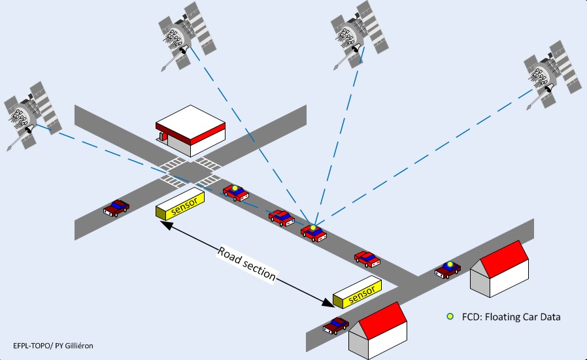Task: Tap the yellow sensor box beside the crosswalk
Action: click(180, 205)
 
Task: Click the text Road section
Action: click(247, 264)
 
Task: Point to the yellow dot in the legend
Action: click(450, 317)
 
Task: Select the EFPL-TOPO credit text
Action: click(53, 344)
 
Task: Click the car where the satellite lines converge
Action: click(313, 232)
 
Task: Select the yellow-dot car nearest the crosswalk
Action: click(236, 192)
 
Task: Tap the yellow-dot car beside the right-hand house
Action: click(448, 268)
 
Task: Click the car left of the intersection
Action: click(117, 208)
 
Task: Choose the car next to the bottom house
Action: click(336, 325)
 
